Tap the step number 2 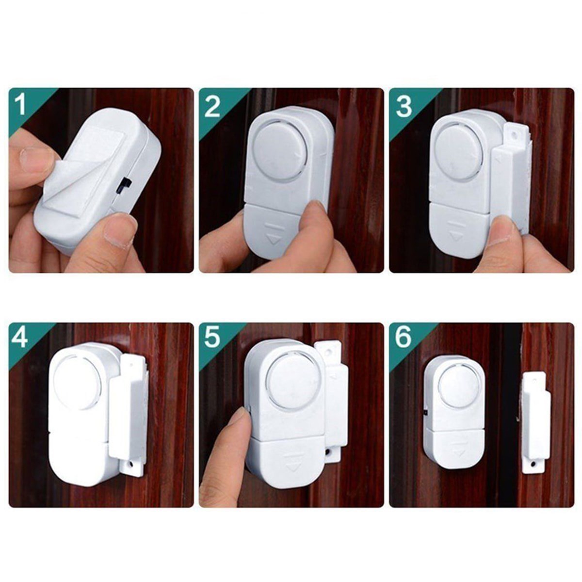212,106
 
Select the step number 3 404,106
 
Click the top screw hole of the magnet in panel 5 328,352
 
